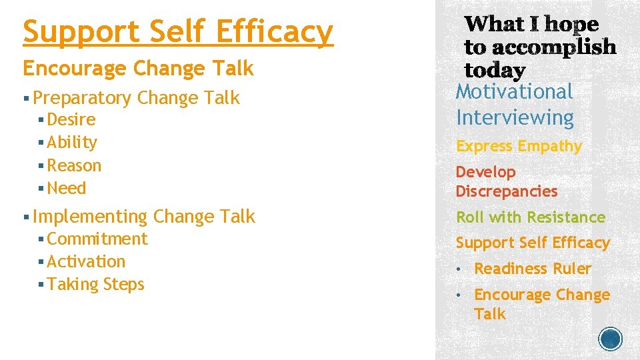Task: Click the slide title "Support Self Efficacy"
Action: tap(177, 32)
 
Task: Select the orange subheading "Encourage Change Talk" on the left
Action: tap(138, 68)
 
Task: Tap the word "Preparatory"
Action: tap(82, 98)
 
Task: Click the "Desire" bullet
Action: tap(71, 120)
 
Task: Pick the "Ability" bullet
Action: tap(72, 143)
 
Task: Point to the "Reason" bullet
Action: tap(74, 165)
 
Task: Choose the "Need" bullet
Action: tap(67, 188)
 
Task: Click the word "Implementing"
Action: tap(90, 217)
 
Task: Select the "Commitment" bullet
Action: tap(97, 239)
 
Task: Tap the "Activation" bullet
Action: tap(86, 261)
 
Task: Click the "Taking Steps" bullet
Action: tap(95, 284)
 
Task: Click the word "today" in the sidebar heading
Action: tap(494, 69)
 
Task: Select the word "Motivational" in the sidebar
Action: tap(514, 91)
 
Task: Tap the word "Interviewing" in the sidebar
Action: tap(515, 118)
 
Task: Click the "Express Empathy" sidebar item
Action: tap(519, 146)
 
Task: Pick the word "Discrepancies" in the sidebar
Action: tap(506, 191)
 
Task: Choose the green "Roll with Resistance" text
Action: tap(530, 217)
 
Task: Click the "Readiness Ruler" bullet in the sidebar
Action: tap(533, 269)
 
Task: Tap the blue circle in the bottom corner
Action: tap(611, 339)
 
